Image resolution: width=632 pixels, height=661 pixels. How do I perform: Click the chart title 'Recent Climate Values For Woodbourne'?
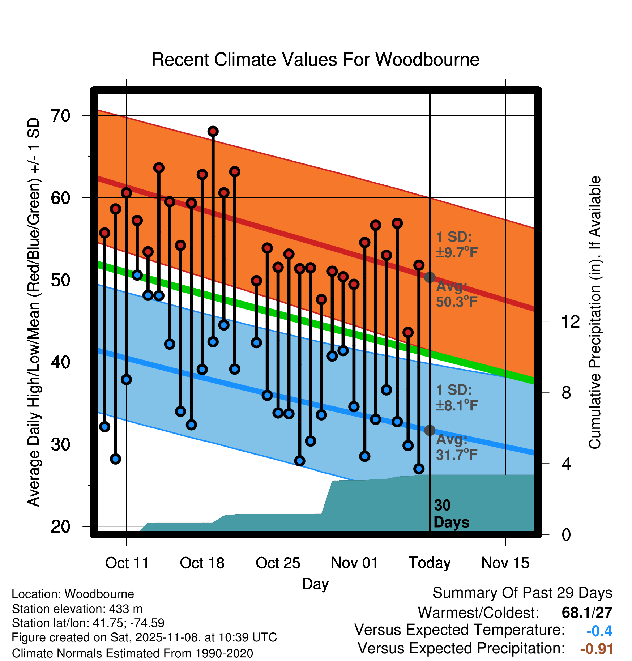point(315,60)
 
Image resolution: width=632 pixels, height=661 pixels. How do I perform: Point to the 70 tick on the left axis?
point(60,116)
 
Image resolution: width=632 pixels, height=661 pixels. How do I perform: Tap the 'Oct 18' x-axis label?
point(202,563)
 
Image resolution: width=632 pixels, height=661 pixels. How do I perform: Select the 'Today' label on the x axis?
point(430,563)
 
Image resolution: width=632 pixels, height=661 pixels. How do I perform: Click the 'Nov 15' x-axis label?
point(505,563)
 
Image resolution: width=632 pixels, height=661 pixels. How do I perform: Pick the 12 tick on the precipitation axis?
point(571,321)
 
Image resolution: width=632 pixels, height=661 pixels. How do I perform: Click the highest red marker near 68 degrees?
point(213,131)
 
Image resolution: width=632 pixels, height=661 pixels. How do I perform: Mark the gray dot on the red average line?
point(430,277)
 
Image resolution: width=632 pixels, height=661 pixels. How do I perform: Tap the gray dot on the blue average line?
point(430,430)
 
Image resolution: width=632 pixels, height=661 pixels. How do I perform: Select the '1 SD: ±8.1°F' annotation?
point(457,398)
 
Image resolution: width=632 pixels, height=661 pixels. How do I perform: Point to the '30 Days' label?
point(451,514)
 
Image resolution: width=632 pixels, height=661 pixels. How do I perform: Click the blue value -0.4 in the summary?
point(599,631)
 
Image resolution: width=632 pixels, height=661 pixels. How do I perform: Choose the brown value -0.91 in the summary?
point(597,649)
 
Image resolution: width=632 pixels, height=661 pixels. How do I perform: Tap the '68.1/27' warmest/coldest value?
point(587,613)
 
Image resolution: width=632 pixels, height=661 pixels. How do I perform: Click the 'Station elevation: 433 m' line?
point(77,609)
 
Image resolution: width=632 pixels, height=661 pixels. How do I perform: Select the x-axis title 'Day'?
point(315,584)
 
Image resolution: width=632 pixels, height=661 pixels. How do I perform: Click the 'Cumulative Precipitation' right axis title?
point(595,312)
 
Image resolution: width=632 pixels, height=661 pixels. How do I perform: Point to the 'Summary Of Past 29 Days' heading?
point(522,593)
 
